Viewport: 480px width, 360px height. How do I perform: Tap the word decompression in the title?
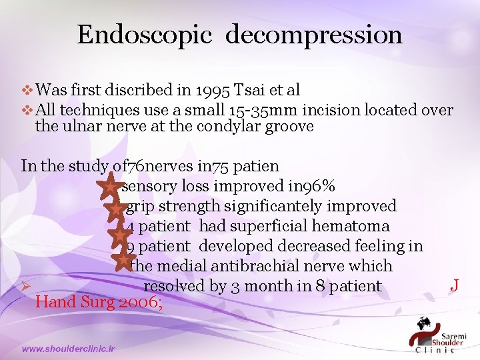tap(313, 35)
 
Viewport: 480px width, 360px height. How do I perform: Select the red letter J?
tap(454, 285)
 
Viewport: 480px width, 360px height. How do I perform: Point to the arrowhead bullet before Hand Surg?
tap(26, 287)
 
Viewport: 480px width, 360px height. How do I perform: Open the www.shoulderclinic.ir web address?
tap(69, 348)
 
